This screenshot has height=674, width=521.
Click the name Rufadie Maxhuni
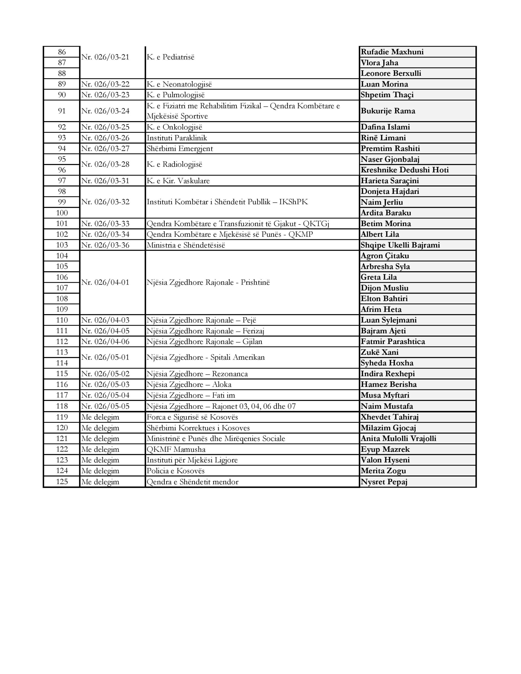pyautogui.click(x=392, y=52)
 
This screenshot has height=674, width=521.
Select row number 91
pyautogui.click(x=62, y=111)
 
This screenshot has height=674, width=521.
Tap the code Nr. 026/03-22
pyautogui.click(x=105, y=84)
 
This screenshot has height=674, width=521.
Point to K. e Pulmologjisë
pyautogui.click(x=175, y=95)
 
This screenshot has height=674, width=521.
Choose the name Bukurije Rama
pyautogui.click(x=388, y=111)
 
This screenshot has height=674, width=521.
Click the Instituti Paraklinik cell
pyautogui.click(x=177, y=138)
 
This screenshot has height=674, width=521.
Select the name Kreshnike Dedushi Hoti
pyautogui.click(x=405, y=170)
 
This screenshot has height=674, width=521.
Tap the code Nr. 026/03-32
pyautogui.click(x=105, y=202)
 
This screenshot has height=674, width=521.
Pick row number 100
pyautogui.click(x=62, y=213)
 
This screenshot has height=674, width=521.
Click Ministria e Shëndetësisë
pyautogui.click(x=186, y=245)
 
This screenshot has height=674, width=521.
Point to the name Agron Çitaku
pyautogui.click(x=385, y=256)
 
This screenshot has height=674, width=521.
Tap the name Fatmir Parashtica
pyautogui.click(x=392, y=341)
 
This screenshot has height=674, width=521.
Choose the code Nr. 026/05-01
pyautogui.click(x=105, y=357)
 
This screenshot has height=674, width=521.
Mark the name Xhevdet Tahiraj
pyautogui.click(x=390, y=417)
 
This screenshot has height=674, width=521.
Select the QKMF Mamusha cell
pyautogui.click(x=176, y=449)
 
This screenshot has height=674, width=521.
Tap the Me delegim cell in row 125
pyautogui.click(x=100, y=482)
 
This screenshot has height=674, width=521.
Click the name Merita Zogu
pyautogui.click(x=383, y=471)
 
